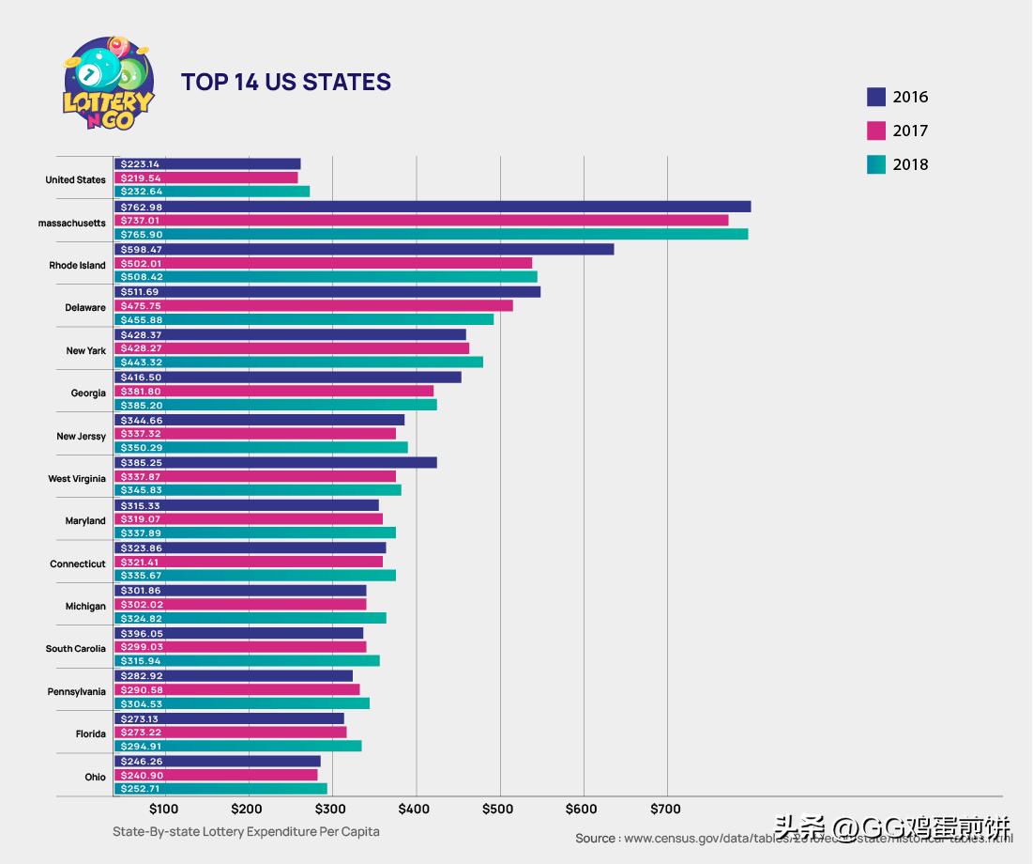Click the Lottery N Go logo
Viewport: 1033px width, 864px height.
click(x=108, y=84)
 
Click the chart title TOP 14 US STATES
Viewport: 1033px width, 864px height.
click(x=285, y=83)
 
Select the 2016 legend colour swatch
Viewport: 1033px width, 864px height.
click(x=876, y=97)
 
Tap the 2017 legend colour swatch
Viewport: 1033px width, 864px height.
click(x=876, y=131)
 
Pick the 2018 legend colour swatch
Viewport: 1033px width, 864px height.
click(x=876, y=164)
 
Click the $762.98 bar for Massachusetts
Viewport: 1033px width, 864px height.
click(x=432, y=207)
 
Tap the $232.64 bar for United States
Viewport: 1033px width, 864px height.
click(x=211, y=192)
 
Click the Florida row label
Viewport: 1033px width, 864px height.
click(x=91, y=734)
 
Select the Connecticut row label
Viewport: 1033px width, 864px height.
click(x=78, y=564)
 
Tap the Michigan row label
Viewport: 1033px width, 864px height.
click(x=85, y=607)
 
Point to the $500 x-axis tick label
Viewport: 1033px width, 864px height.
click(x=498, y=809)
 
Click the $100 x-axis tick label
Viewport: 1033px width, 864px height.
click(x=163, y=809)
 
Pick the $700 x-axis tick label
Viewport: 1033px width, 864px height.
click(x=666, y=809)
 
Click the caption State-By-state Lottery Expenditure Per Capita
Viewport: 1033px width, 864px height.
click(x=246, y=831)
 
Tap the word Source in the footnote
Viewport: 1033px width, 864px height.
click(x=596, y=838)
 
